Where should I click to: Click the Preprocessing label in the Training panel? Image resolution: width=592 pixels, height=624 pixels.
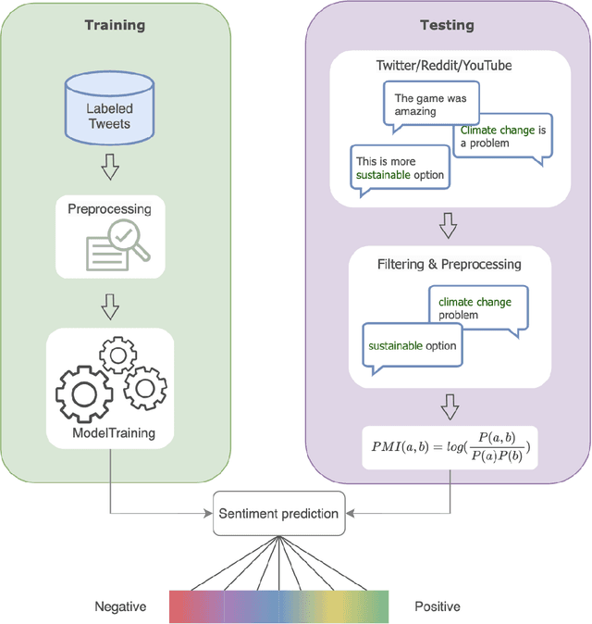[x=109, y=208]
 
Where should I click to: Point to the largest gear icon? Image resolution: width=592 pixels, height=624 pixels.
[x=85, y=391]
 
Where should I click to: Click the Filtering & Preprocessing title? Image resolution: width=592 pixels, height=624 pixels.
[x=450, y=264]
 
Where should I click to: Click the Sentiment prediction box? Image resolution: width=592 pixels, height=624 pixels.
[x=277, y=513]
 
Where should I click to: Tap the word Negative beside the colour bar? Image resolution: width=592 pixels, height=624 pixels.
[x=120, y=606]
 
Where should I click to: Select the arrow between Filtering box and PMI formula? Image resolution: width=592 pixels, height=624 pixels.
[x=450, y=406]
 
